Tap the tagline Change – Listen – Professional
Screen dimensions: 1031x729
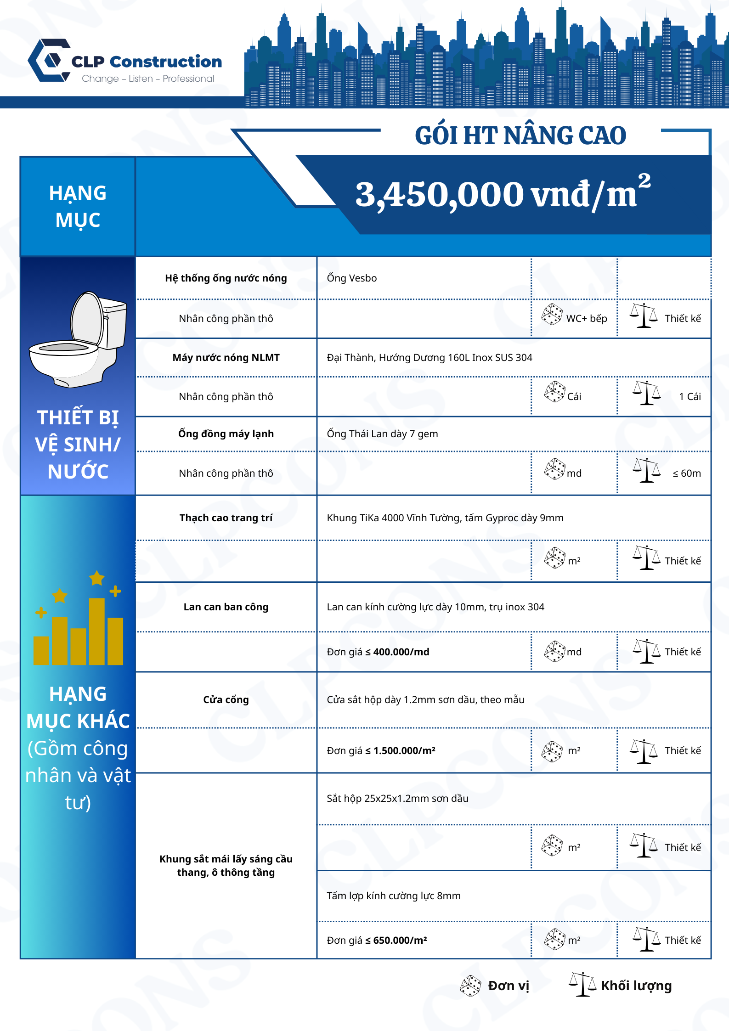pyautogui.click(x=148, y=79)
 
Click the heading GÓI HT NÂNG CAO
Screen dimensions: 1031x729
pyautogui.click(x=520, y=136)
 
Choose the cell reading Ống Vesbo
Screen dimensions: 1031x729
pyautogui.click(x=351, y=278)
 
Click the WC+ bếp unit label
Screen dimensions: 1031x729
pyautogui.click(x=586, y=319)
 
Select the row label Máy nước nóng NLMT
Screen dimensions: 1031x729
pyautogui.click(x=226, y=358)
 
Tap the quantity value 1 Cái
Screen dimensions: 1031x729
pyautogui.click(x=689, y=397)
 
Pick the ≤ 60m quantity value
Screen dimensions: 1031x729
pyautogui.click(x=686, y=473)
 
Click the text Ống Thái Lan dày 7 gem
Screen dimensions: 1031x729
pyautogui.click(x=382, y=434)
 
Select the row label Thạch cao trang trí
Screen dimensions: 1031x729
pyautogui.click(x=226, y=518)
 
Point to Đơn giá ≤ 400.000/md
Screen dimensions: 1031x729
pyautogui.click(x=378, y=652)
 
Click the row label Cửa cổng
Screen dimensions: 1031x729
pyautogui.click(x=226, y=700)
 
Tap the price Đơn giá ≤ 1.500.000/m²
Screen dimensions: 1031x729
pyautogui.click(x=381, y=751)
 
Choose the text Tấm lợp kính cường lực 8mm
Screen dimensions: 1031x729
pyautogui.click(x=394, y=896)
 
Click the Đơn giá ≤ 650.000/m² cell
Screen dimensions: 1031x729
pyautogui.click(x=377, y=941)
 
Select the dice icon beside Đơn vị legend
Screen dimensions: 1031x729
pyautogui.click(x=470, y=986)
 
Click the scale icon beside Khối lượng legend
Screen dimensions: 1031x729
pyautogui.click(x=582, y=985)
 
